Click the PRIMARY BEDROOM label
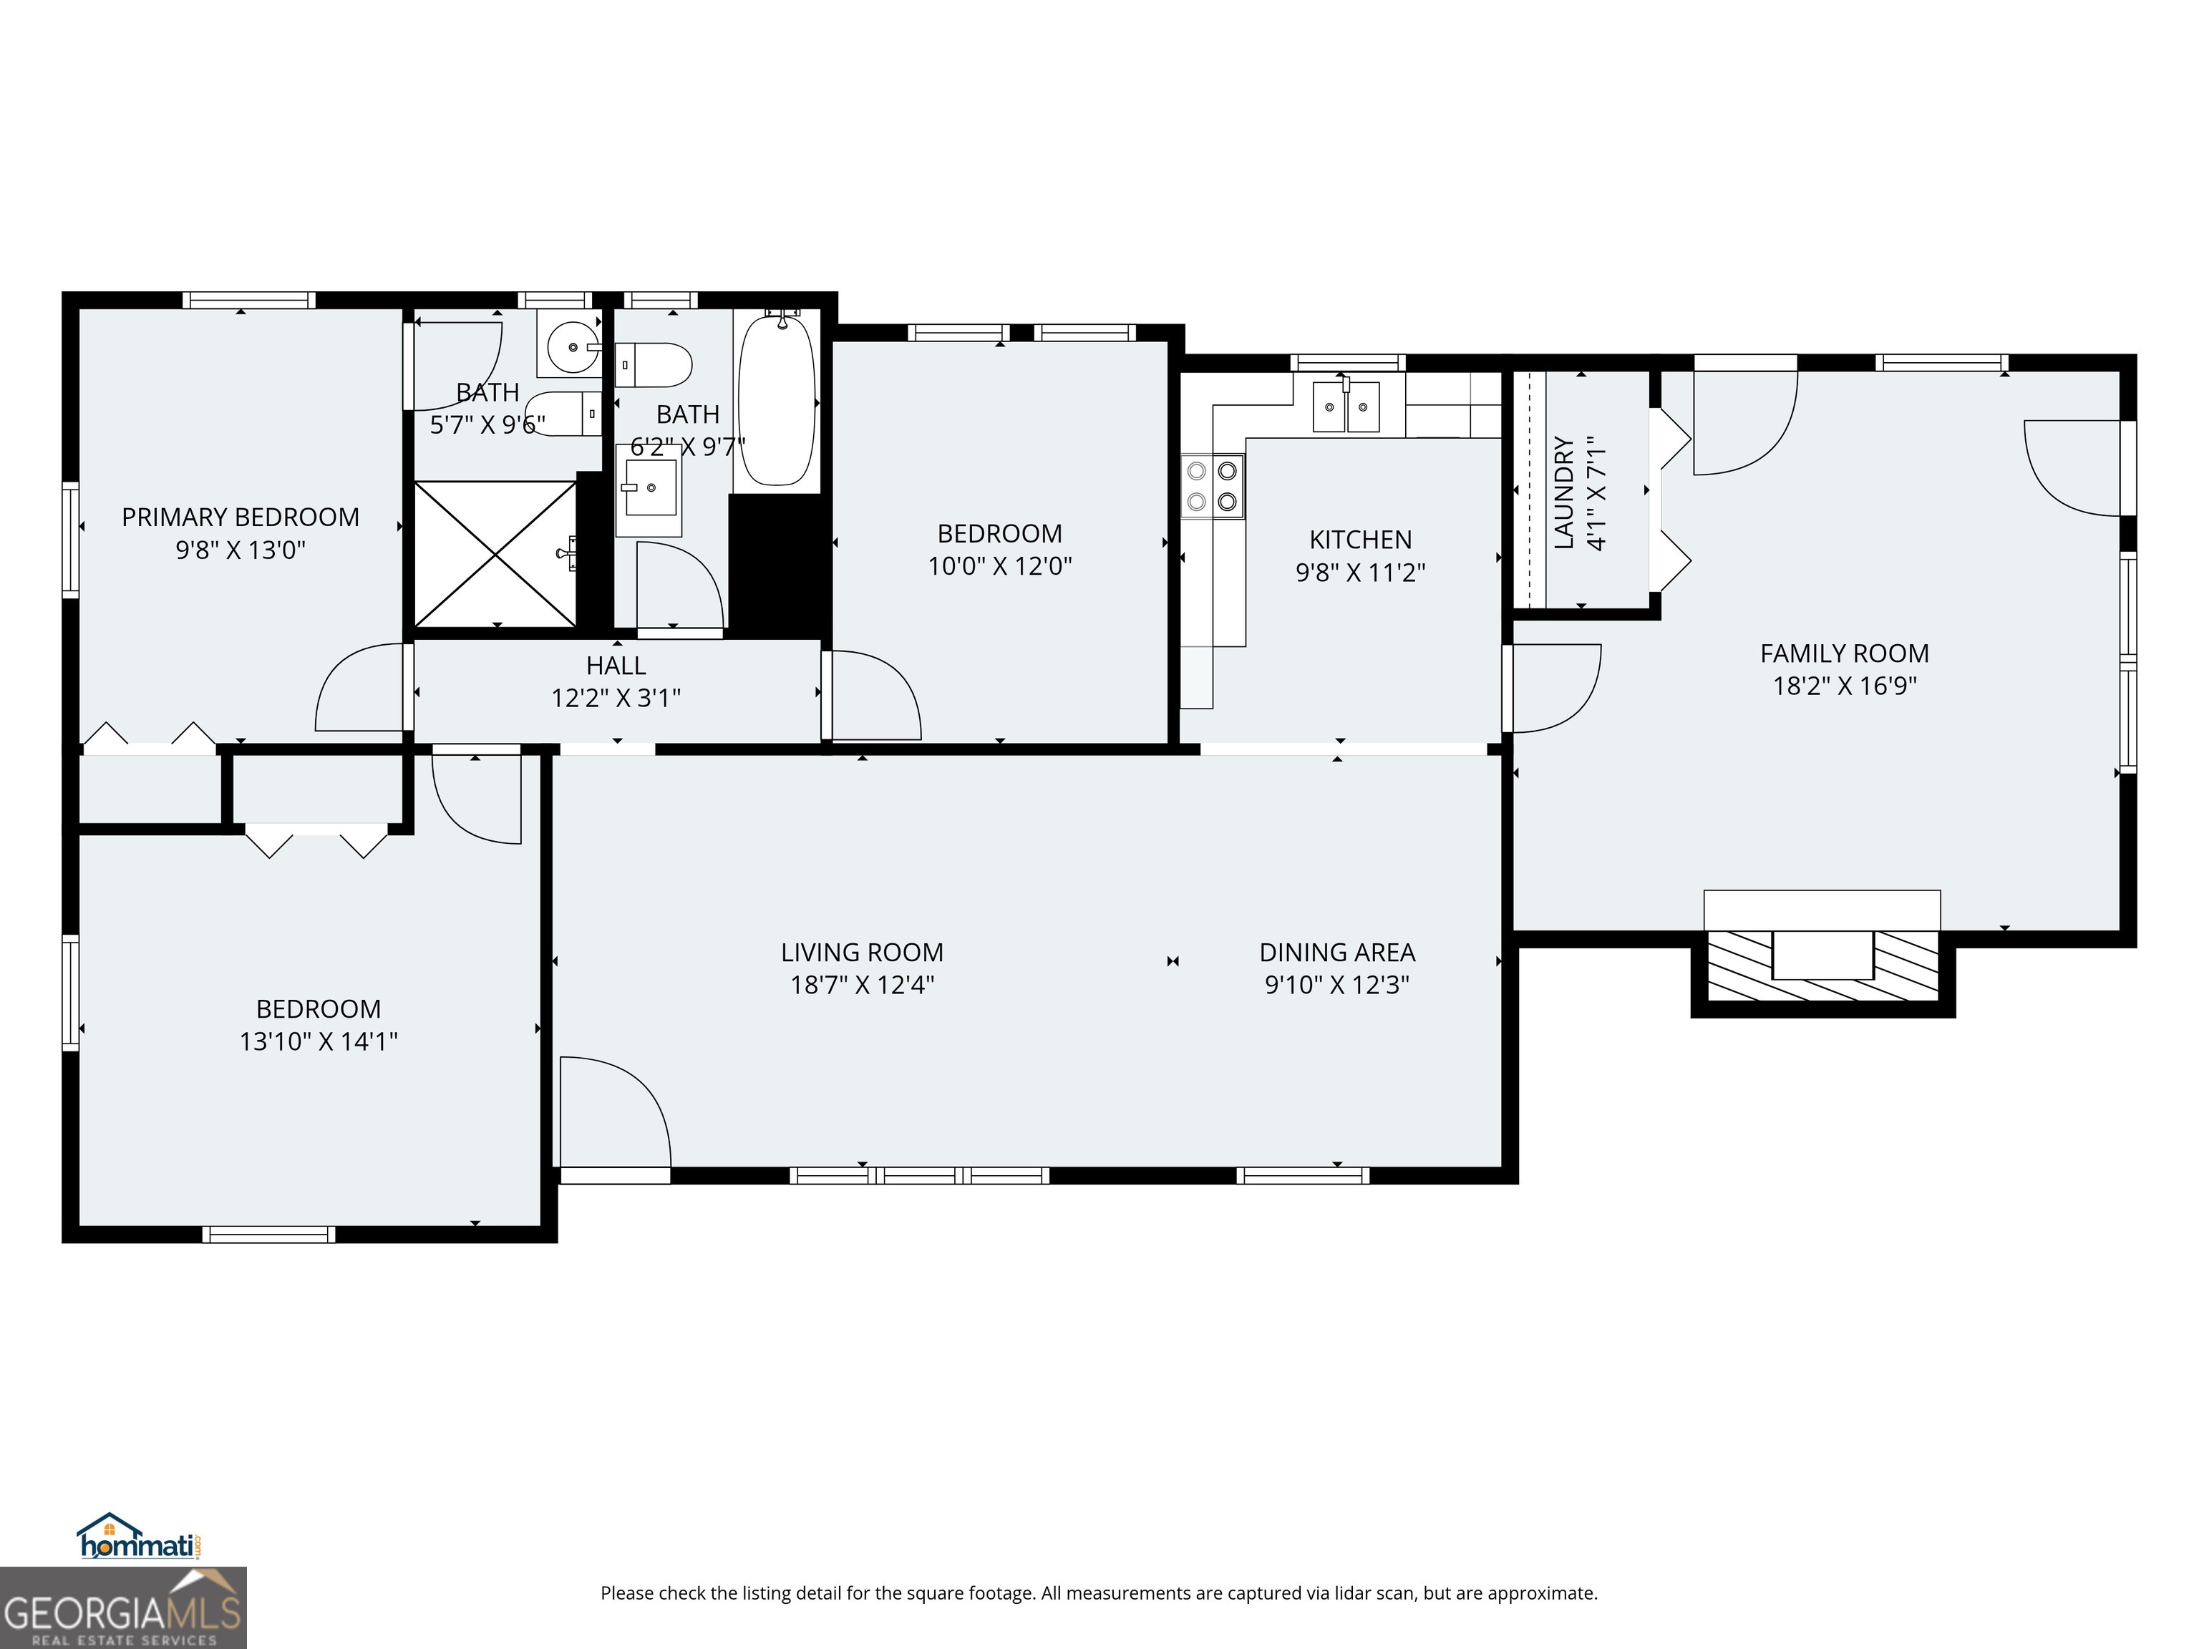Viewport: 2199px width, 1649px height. pos(241,517)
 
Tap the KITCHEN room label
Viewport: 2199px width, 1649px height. pos(1360,540)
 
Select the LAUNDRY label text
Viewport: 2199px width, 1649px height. pos(1564,493)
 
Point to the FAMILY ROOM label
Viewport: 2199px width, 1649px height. pos(1844,653)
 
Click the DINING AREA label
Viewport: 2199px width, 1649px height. pos(1337,952)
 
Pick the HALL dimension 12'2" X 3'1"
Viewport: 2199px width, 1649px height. pos(616,698)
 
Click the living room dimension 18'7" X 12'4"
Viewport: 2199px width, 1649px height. pos(862,984)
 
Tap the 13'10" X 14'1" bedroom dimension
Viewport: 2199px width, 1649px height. pos(318,1041)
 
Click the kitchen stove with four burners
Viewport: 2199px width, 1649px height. pos(1213,486)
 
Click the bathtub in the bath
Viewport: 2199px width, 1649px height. pos(777,399)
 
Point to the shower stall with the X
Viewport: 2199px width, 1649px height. pos(495,554)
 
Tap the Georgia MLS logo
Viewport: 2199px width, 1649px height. pos(122,1607)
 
